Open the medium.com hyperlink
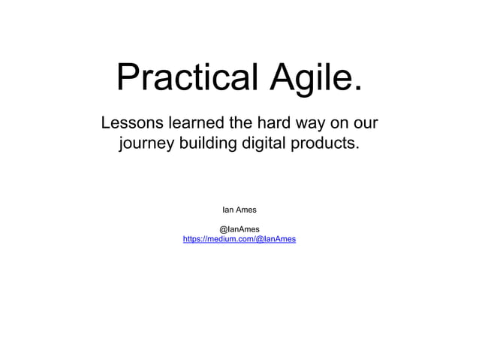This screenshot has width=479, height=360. coord(239,239)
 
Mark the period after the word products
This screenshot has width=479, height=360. coord(357,148)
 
